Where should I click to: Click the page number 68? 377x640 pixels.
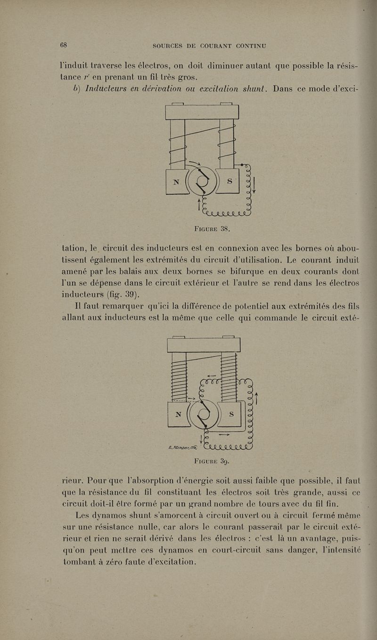[x=64, y=45]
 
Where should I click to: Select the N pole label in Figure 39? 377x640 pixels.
[x=178, y=415]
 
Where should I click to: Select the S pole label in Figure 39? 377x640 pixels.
[x=231, y=414]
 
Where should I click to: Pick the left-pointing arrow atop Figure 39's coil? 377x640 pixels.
[x=212, y=376]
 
